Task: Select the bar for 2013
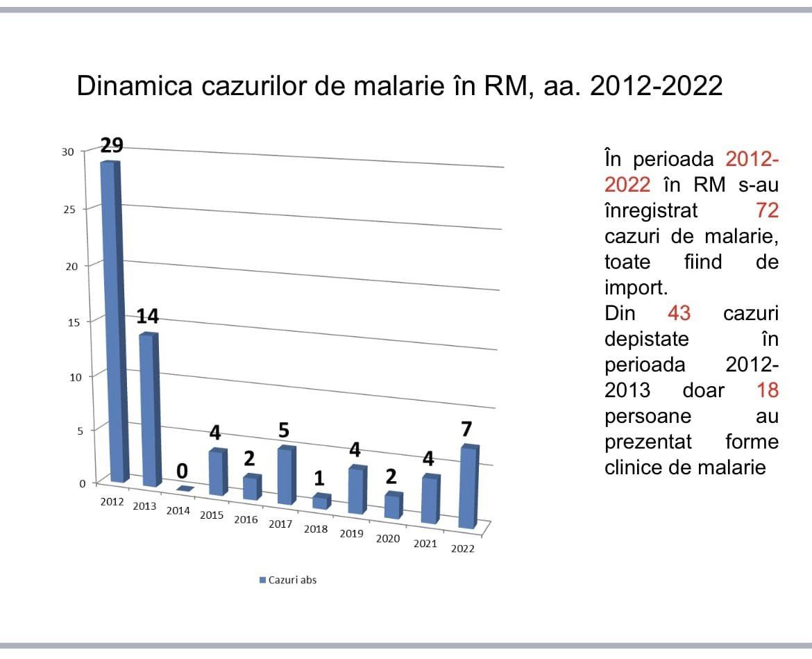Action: [x=148, y=410]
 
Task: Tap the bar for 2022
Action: [x=468, y=486]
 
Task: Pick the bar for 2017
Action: [x=285, y=476]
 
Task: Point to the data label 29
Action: [x=112, y=145]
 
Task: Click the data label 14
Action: [x=147, y=317]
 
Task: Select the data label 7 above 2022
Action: [x=467, y=429]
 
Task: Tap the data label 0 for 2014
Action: [x=182, y=472]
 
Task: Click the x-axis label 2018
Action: [x=316, y=529]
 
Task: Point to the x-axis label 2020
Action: [x=388, y=538]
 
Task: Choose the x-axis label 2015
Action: [x=212, y=515]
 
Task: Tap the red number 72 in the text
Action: [x=767, y=210]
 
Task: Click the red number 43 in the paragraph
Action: [x=679, y=313]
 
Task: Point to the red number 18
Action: [x=768, y=390]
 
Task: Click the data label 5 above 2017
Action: [x=284, y=431]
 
